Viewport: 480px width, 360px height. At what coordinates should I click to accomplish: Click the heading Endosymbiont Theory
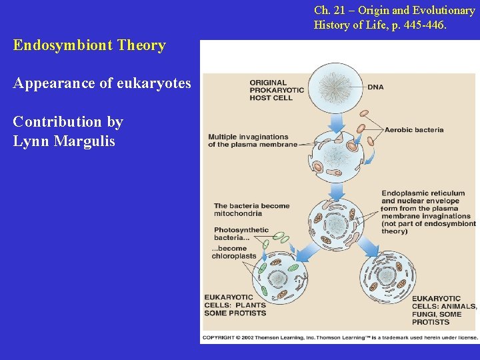(89, 45)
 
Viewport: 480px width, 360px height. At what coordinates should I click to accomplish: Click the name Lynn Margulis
(64, 141)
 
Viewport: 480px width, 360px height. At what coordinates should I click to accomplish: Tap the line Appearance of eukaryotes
(102, 84)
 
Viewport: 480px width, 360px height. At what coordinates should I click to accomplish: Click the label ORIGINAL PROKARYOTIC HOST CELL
(276, 90)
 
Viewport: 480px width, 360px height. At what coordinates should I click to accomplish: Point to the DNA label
(375, 87)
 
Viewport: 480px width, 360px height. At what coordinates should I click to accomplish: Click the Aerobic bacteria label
(413, 130)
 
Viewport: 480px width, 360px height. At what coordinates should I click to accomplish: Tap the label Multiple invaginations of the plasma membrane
(252, 141)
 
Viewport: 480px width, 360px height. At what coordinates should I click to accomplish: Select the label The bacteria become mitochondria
(251, 210)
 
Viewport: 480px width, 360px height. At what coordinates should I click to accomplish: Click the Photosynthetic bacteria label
(241, 234)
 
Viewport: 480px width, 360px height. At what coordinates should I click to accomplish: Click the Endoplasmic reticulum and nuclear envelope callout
(428, 212)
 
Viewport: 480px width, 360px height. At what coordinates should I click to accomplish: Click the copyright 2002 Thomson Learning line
(340, 337)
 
